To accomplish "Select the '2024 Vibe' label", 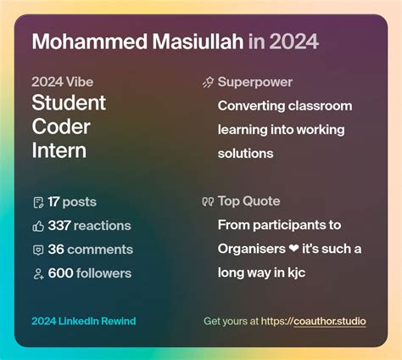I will (x=62, y=82).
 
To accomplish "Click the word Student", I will (x=69, y=104).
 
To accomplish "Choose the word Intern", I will (x=59, y=151).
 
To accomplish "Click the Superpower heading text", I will (x=255, y=82).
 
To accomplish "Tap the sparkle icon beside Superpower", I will (x=208, y=82).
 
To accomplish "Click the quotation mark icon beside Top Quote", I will (x=208, y=201).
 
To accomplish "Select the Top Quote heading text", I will (x=248, y=201).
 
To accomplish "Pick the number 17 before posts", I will (x=53, y=202).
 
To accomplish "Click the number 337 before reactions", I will (x=59, y=226).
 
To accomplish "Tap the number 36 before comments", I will (x=56, y=250).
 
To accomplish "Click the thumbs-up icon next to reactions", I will (x=37, y=226).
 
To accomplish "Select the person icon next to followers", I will (x=37, y=273).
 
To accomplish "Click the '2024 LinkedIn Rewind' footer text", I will (x=83, y=322).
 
